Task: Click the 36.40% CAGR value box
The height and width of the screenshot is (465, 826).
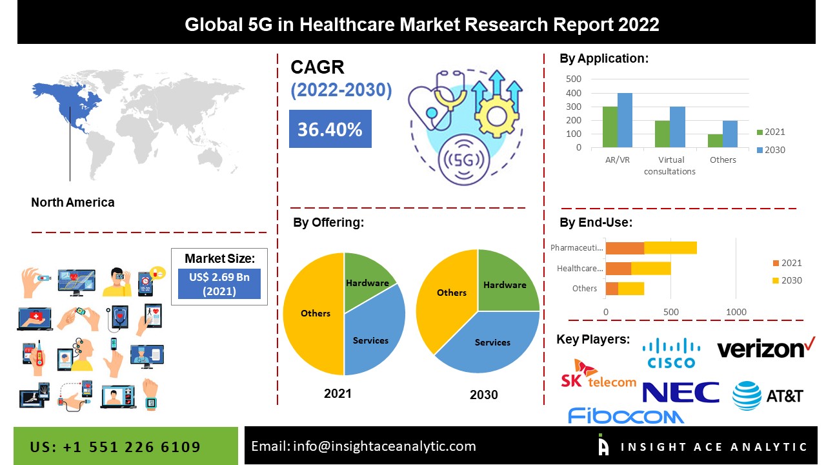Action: (330, 129)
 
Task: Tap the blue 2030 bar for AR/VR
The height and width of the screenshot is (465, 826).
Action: (625, 120)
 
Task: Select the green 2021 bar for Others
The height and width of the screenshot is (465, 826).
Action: (715, 141)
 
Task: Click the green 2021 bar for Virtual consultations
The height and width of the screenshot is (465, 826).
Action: (662, 134)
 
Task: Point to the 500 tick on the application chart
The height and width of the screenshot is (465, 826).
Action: (574, 79)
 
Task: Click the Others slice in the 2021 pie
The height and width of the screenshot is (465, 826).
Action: (314, 313)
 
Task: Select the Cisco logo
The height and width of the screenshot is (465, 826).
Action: (671, 353)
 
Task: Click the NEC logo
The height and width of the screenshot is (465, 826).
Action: (681, 392)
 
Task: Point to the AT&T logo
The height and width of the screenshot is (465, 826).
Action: (767, 395)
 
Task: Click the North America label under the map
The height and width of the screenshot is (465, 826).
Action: (73, 202)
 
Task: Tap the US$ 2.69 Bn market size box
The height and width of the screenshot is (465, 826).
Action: (219, 284)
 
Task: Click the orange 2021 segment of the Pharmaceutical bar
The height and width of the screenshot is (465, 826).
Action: (625, 248)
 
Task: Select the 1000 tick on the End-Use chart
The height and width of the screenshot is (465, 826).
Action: (736, 312)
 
